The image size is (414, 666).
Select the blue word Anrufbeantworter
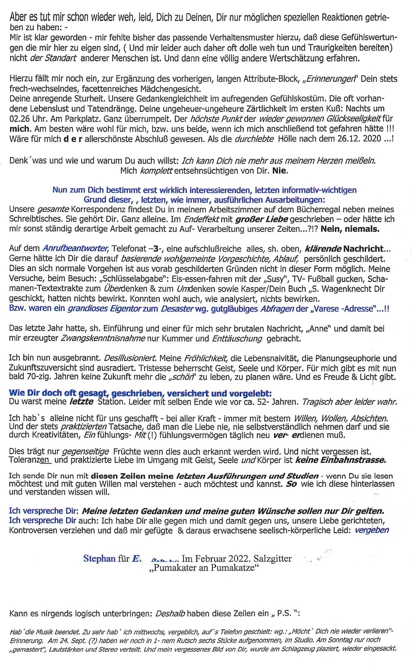[x=75, y=248]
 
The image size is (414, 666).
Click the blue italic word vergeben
[x=372, y=530]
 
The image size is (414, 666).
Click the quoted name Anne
[x=318, y=329]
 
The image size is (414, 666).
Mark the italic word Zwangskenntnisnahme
[x=103, y=339]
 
